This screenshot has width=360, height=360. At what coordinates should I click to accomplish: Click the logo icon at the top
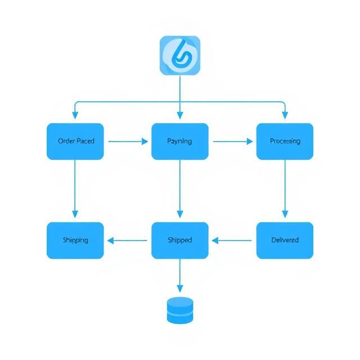180,55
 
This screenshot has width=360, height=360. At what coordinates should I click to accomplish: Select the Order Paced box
75,141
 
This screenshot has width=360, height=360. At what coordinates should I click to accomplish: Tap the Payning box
180,141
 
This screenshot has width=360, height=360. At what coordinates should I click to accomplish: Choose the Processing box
285,141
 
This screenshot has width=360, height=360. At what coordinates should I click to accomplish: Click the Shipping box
75,240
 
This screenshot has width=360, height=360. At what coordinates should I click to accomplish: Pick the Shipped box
180,240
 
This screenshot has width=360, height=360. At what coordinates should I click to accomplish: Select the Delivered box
285,240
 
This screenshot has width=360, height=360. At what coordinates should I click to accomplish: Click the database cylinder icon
180,310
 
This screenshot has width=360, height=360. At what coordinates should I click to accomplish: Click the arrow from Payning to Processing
232,142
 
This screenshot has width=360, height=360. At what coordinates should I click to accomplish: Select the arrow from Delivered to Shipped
232,241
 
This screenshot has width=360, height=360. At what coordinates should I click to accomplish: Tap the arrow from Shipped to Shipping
128,241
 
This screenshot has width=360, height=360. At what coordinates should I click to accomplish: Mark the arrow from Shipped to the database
180,276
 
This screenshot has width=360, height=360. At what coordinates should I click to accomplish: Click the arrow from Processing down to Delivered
285,188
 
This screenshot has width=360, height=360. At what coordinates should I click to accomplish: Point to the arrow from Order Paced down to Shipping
75,188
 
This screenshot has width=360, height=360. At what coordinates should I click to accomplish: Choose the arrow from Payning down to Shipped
180,188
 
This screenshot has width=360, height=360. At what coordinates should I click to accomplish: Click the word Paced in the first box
85,141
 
